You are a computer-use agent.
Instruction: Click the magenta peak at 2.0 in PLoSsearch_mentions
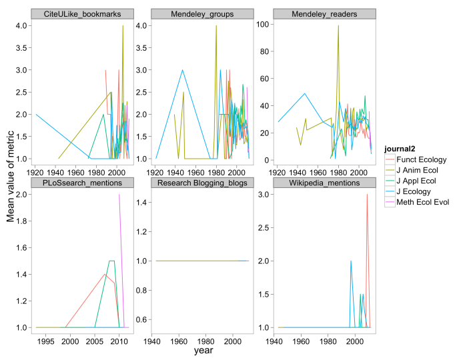tap(119, 195)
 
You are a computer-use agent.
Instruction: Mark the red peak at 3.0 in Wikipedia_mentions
tap(367, 195)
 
